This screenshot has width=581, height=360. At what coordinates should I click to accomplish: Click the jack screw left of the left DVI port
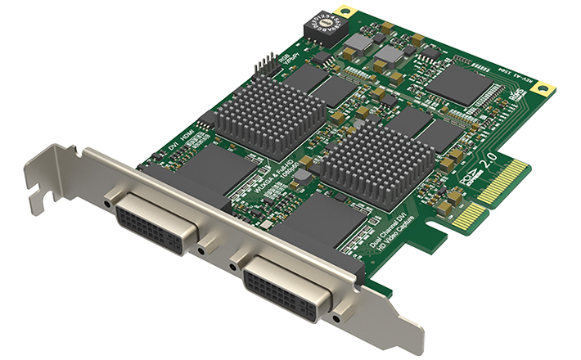(108, 199)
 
